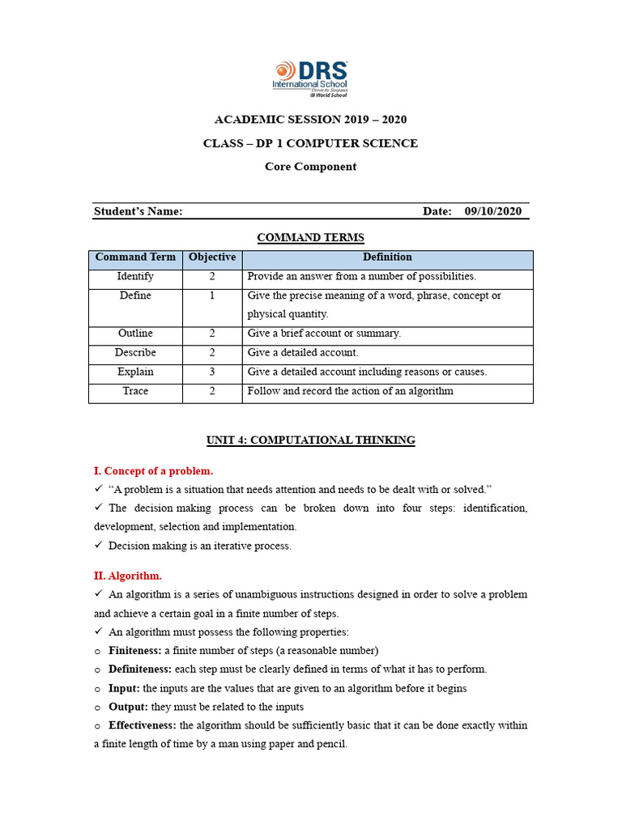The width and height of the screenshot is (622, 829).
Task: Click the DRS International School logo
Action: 311,78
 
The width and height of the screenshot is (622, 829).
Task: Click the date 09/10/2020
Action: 493,211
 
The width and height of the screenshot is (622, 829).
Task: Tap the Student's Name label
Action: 138,211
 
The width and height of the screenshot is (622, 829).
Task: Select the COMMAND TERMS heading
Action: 310,237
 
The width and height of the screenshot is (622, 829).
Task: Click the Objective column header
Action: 212,257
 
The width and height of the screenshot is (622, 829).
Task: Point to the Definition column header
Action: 387,257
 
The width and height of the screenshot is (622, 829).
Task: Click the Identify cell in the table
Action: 135,277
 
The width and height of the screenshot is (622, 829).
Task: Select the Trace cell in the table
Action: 135,391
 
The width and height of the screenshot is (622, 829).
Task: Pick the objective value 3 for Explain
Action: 212,372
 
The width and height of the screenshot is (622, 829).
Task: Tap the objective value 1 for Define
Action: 212,296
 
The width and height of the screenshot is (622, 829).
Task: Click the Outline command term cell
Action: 135,334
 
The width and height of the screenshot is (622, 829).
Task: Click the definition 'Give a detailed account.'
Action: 303,353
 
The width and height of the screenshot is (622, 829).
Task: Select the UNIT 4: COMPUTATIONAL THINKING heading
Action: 310,440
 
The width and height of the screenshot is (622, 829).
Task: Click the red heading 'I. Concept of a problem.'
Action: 154,470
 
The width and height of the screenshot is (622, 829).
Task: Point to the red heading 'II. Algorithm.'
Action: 128,576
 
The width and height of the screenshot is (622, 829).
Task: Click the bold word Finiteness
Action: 134,651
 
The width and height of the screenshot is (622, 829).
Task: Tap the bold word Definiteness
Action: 139,670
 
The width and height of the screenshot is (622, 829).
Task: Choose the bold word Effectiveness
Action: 142,725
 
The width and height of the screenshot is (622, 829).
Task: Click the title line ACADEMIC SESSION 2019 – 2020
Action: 310,120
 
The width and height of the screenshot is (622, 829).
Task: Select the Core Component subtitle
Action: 310,167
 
